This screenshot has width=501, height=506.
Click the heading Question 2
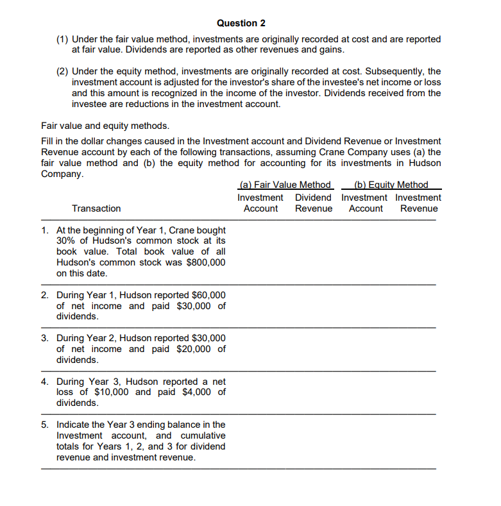241,23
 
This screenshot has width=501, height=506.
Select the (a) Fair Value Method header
284,185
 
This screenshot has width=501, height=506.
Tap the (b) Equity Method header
391,185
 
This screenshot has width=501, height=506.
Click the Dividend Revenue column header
314,203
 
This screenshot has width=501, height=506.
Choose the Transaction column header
96,208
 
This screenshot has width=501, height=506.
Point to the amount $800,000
205,262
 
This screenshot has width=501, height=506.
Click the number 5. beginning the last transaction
45,425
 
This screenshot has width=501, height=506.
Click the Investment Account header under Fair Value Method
260,203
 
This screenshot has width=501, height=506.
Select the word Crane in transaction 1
182,230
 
